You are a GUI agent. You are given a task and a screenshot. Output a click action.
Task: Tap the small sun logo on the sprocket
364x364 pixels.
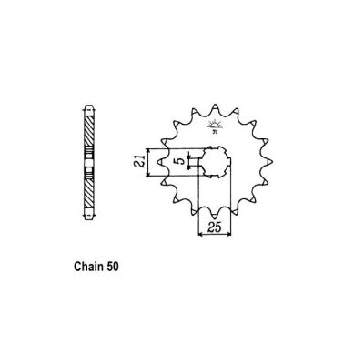click(x=217, y=126)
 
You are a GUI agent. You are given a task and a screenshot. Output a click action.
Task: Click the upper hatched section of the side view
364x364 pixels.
click(x=87, y=132)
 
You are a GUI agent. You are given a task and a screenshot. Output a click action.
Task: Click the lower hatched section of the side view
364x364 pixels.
click(x=87, y=196)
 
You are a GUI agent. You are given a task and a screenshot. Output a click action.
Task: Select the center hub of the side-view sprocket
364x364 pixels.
click(x=87, y=164)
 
